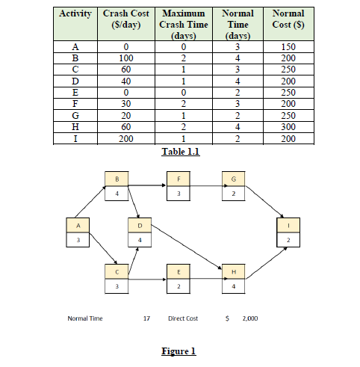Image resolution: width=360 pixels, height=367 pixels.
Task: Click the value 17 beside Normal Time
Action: coord(147,318)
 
